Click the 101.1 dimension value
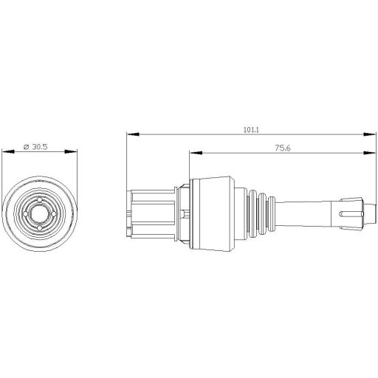click(x=250, y=130)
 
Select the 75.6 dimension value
click(x=281, y=148)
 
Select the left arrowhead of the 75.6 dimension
click(x=193, y=153)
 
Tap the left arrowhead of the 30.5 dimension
click(x=7, y=152)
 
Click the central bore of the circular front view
click(x=41, y=212)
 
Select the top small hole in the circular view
click(x=41, y=199)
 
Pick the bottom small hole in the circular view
click(x=41, y=224)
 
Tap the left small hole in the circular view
click(x=28, y=212)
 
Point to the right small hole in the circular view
click(x=53, y=212)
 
